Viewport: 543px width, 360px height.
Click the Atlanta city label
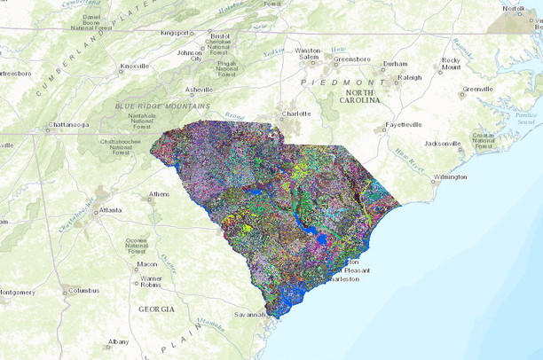111,210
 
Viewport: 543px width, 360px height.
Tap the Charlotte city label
296,114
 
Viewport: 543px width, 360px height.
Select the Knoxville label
135,67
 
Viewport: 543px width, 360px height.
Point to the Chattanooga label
70,125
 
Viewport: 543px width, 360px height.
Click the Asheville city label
198,90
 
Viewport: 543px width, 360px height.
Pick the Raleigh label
410,77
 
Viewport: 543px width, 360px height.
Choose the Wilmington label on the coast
450,176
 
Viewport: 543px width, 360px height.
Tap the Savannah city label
249,314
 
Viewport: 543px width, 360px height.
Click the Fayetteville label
404,125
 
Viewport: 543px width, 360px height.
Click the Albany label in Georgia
118,341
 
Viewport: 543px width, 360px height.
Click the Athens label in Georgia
160,194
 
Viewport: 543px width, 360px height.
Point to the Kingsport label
175,33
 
